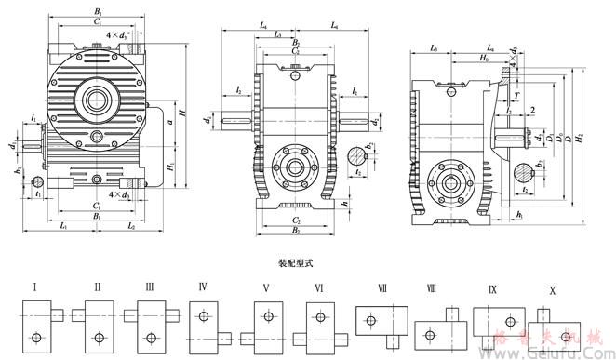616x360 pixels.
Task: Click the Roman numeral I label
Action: (35, 287)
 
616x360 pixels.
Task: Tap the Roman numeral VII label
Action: (383, 289)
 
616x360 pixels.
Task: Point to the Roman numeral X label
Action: (553, 290)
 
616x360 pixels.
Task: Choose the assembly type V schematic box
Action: (269, 322)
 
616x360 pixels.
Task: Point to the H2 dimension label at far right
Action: (580, 139)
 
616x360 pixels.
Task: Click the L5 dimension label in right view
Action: (433, 47)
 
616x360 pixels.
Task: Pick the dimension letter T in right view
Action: (516, 95)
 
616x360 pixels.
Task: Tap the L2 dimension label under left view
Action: (130, 226)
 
